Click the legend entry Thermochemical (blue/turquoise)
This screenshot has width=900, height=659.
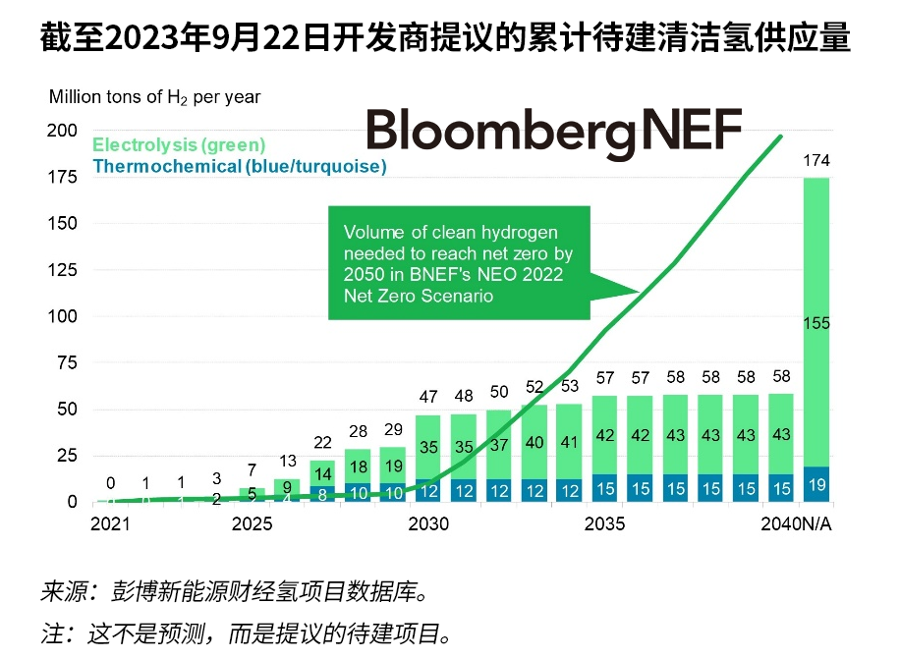[x=240, y=166]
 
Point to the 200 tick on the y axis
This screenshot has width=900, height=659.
[x=63, y=131]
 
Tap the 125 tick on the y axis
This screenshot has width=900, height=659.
[x=63, y=224]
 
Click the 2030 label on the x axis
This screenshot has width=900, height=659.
[x=428, y=524]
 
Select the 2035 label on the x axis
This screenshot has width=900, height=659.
[x=605, y=524]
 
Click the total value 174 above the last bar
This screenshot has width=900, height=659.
[x=816, y=160]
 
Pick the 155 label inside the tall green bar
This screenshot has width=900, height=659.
[x=816, y=323]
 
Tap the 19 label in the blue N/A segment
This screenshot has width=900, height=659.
[x=816, y=483]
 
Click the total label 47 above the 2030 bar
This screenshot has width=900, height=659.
[x=428, y=398]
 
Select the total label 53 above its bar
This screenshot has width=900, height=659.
[x=570, y=386]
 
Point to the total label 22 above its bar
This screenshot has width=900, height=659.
[x=322, y=443]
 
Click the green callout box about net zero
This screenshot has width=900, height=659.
[x=459, y=263]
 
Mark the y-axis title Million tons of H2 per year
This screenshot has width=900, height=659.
[x=155, y=97]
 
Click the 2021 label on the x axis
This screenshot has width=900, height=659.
[x=110, y=524]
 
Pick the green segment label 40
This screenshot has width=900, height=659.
[x=534, y=443]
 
